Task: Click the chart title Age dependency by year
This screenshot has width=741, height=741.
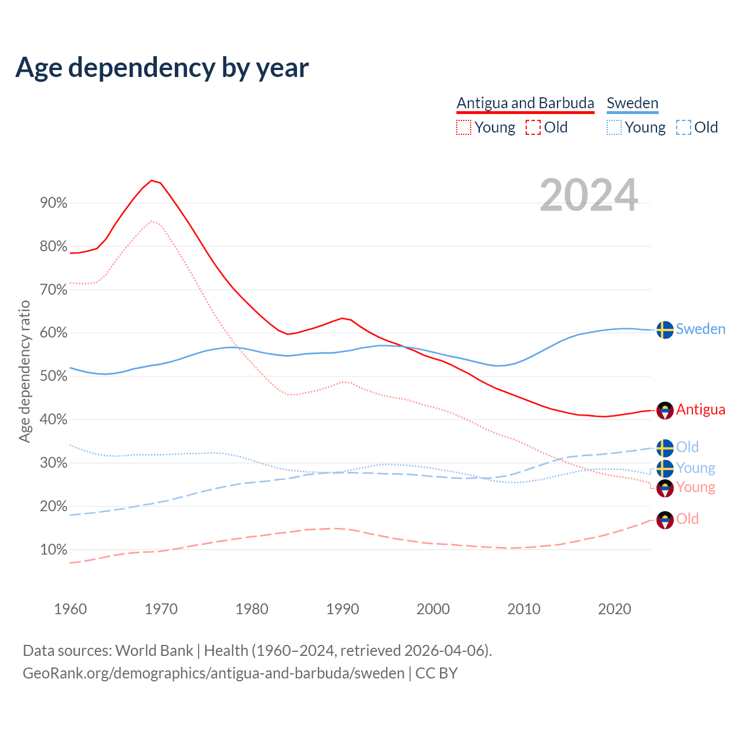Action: coord(162,68)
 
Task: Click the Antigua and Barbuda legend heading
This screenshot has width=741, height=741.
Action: coord(525,103)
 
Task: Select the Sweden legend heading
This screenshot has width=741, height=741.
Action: coord(632,103)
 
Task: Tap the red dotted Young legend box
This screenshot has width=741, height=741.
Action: coord(464,127)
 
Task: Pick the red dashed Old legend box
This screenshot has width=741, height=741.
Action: coord(533,127)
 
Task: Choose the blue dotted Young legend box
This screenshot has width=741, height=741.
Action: coord(614,127)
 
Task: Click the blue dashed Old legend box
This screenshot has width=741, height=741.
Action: coord(684,127)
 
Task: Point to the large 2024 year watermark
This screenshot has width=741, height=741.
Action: coord(589,196)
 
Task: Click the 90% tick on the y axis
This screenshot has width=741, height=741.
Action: coord(53,203)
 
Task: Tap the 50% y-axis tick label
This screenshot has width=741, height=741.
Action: coord(53,376)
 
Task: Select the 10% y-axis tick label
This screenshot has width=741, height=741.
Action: coord(53,550)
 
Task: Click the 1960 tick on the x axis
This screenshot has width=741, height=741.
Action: coord(70,609)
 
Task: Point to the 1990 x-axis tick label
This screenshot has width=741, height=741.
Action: coord(342,609)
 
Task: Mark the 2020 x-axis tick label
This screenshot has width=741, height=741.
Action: coord(614,609)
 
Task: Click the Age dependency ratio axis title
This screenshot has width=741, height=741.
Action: coord(24,371)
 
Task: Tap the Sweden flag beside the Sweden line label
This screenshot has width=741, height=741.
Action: coord(665,329)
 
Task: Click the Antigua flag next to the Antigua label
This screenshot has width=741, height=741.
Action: coord(665,410)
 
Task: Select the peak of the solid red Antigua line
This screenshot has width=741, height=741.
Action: coord(152,181)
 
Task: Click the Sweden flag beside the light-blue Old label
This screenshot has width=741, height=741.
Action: coord(665,447)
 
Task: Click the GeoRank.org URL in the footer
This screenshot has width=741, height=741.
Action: coord(214,673)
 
